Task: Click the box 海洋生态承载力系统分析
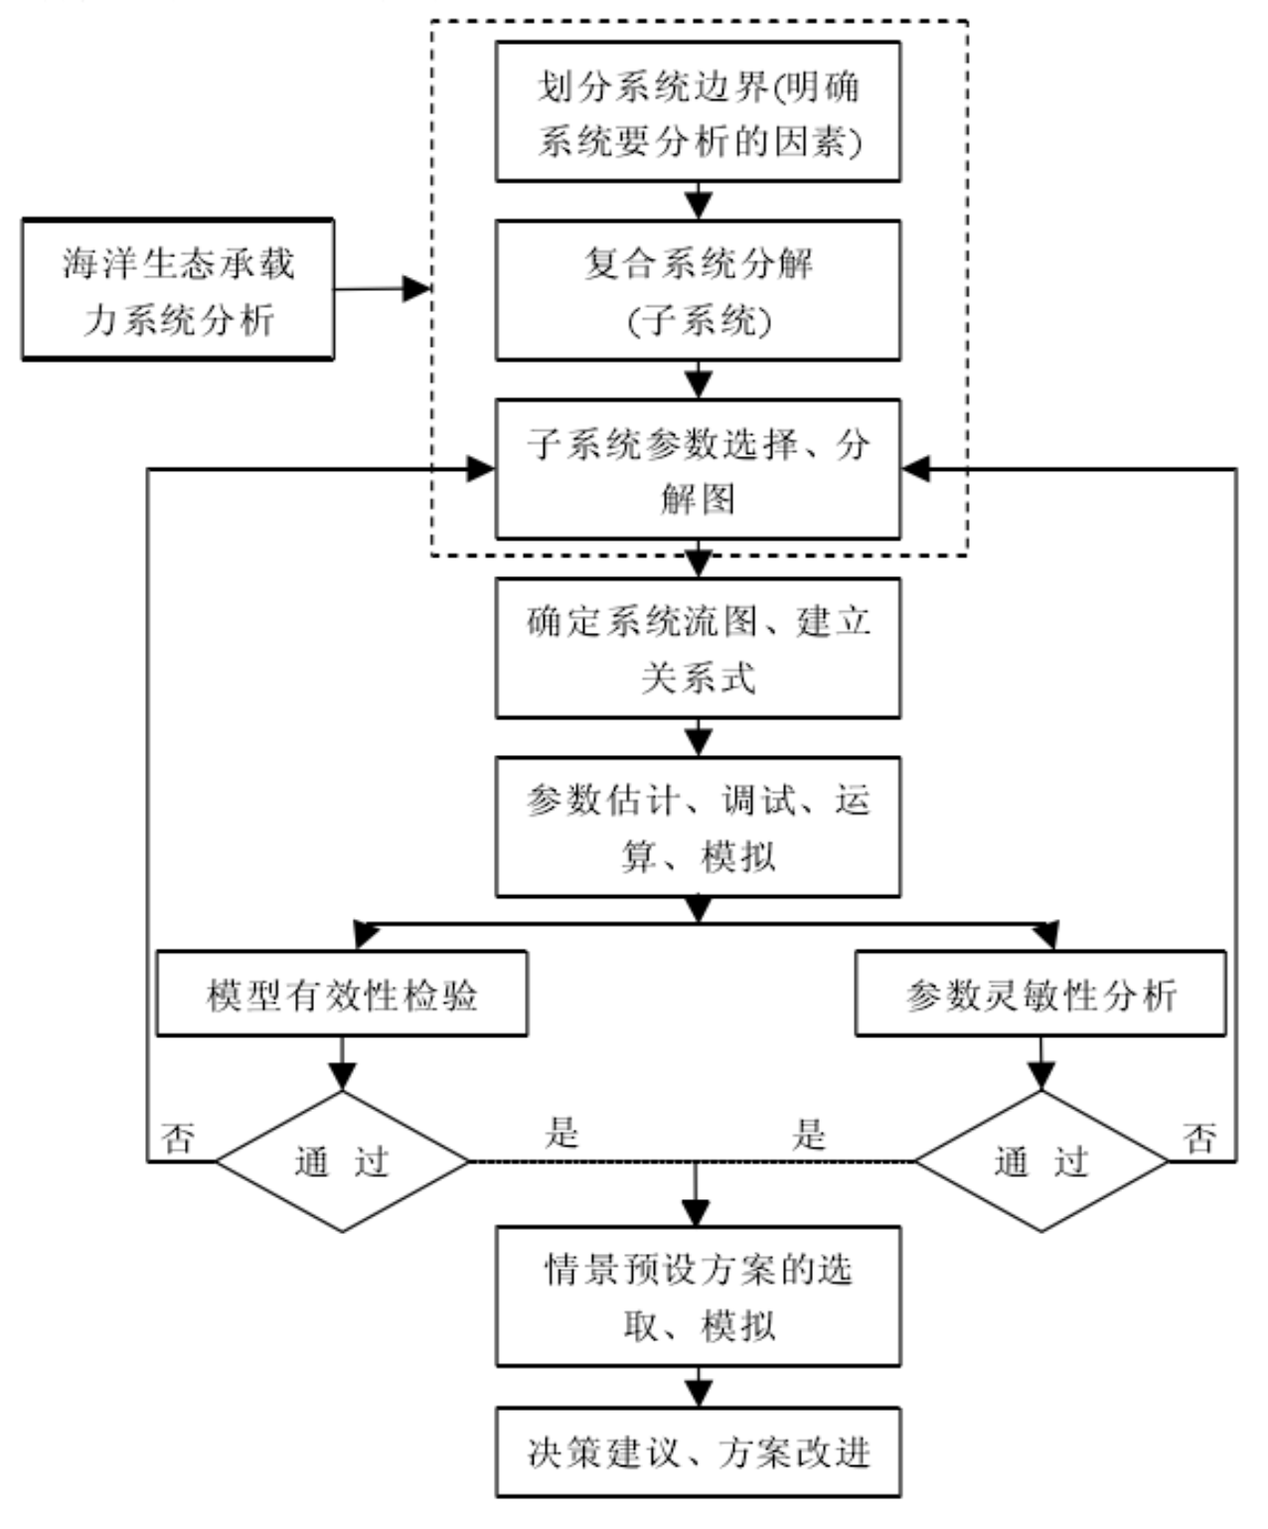click(178, 289)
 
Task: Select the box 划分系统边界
click(698, 111)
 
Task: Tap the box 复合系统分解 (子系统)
click(698, 290)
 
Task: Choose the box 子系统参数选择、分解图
click(698, 469)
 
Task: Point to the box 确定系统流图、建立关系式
click(698, 648)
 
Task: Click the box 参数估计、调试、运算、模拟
click(698, 827)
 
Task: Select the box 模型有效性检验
click(342, 994)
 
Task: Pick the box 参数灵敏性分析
click(1040, 994)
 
